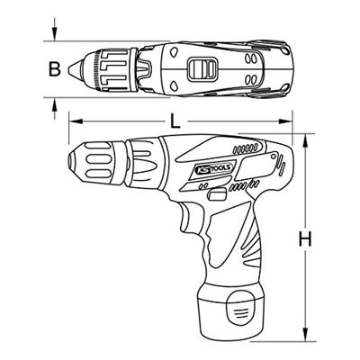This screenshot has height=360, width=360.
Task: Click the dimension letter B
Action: (x=56, y=68)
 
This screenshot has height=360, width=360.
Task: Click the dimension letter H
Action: (x=307, y=241)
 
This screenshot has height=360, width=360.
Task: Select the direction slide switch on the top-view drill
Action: (x=203, y=67)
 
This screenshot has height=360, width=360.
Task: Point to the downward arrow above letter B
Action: (x=56, y=36)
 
